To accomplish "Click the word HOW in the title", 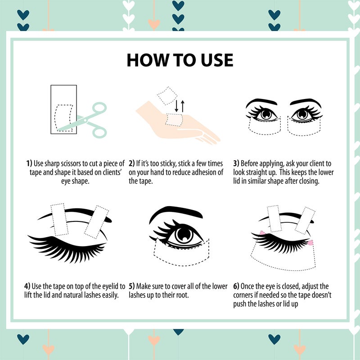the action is (148, 60).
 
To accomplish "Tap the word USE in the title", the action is (217, 60).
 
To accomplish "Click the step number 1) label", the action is (29, 163).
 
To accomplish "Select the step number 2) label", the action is (131, 163).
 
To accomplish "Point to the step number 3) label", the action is (236, 163).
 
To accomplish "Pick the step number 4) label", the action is (27, 286).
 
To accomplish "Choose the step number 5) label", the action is (131, 286).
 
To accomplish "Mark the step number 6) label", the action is (236, 286).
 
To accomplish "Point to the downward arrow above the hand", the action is (176, 106).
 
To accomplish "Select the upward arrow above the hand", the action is (183, 106).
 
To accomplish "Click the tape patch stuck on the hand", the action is (174, 120).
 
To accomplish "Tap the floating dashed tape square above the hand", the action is (167, 96).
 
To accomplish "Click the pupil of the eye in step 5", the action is (184, 234).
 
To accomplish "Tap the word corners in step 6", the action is (243, 295).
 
